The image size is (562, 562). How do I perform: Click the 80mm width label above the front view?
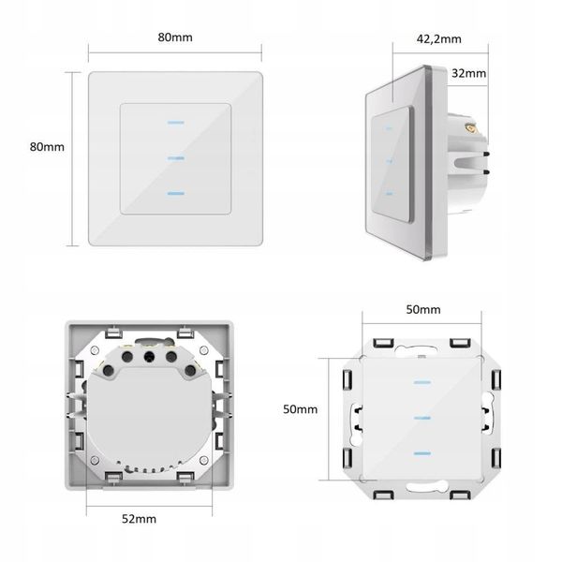175,37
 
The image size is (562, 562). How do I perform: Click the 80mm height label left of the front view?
47,147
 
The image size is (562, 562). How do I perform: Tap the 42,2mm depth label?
438,38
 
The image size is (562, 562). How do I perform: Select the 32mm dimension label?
469,73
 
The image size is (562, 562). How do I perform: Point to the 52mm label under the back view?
139,519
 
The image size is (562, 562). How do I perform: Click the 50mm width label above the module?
423,309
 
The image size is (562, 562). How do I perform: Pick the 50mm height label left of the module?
301,409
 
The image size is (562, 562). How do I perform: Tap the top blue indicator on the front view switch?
176,123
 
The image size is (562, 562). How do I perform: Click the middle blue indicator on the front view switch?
176,158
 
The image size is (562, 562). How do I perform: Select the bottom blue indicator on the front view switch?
176,194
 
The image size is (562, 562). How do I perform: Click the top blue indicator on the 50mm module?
422,382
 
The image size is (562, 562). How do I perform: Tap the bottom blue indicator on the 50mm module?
422,453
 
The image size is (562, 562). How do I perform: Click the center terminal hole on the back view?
149,356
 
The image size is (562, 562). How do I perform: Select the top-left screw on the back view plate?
95,349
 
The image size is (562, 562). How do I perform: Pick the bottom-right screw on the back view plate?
203,460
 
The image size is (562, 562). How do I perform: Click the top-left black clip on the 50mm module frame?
383,343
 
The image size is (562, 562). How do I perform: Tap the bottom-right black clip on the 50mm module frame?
461,495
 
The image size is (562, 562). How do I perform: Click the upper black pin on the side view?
486,155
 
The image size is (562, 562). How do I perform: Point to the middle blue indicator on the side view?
390,161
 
